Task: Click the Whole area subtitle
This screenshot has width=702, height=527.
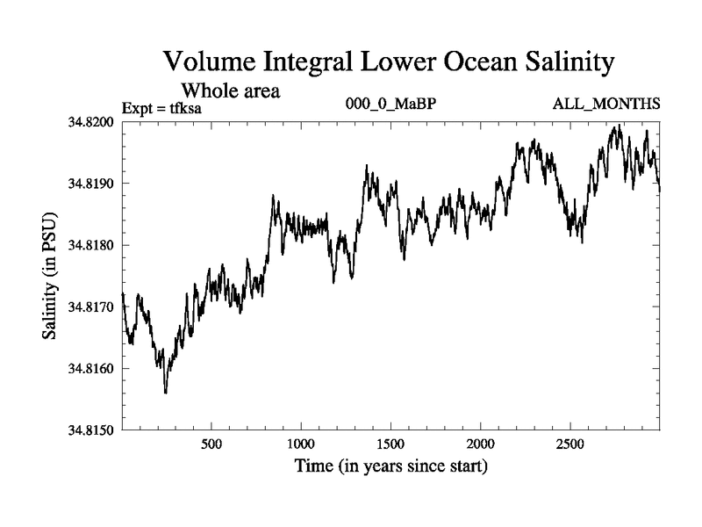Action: pyautogui.click(x=230, y=90)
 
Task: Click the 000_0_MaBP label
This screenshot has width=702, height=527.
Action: pyautogui.click(x=391, y=105)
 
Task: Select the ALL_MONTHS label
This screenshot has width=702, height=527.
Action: pyautogui.click(x=606, y=105)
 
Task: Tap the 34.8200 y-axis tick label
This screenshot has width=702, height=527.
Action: pyautogui.click(x=91, y=121)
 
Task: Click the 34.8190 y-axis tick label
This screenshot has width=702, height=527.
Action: pyautogui.click(x=91, y=183)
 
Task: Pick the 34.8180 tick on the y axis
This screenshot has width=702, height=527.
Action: pyautogui.click(x=91, y=244)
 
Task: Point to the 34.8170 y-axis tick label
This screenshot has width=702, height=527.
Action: pyautogui.click(x=91, y=307)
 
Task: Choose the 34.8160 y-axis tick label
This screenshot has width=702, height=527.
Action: pyautogui.click(x=91, y=368)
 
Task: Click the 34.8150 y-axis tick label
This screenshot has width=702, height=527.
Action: pyautogui.click(x=91, y=430)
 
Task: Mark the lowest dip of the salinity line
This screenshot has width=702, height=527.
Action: pyautogui.click(x=166, y=393)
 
